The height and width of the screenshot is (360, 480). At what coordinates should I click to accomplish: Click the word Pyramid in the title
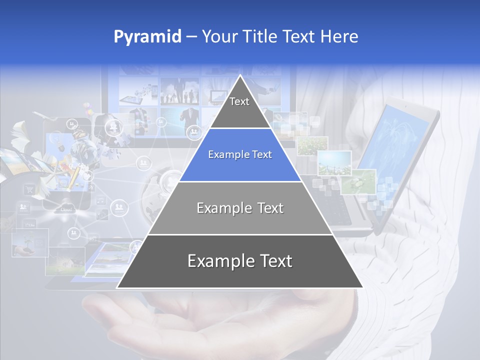click(147, 36)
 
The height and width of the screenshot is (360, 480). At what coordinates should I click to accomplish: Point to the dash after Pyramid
click(191, 37)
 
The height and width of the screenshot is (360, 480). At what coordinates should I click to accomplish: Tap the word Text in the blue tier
click(262, 155)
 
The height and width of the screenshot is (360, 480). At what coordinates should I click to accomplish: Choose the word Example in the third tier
click(222, 208)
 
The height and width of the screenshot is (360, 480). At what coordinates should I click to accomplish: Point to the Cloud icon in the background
click(66, 209)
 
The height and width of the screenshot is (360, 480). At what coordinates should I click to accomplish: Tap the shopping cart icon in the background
click(29, 189)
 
